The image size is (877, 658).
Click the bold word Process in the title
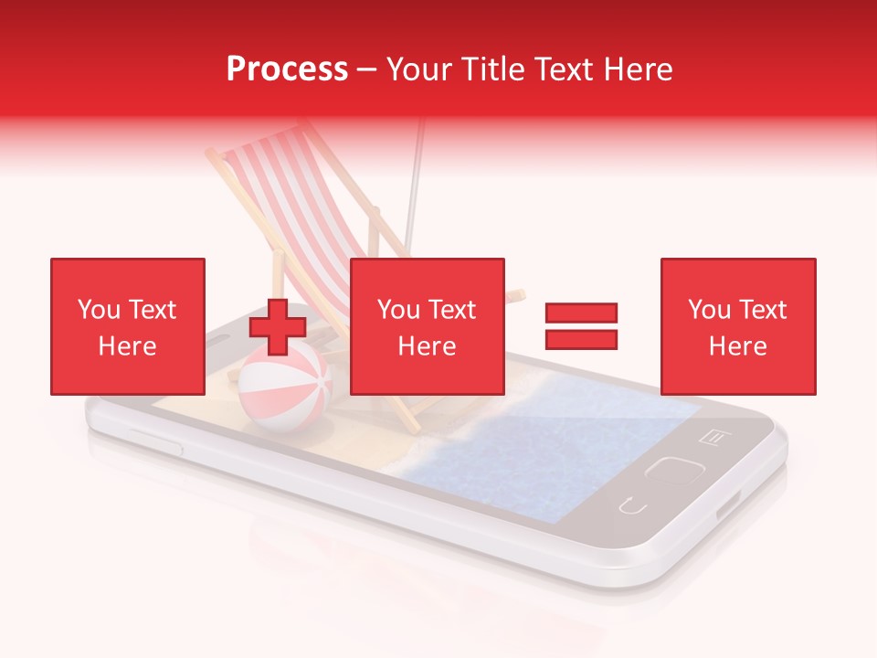[287, 69]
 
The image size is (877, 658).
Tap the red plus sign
[278, 326]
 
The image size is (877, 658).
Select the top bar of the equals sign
[581, 313]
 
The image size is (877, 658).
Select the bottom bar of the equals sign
[581, 339]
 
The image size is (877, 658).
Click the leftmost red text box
[127, 326]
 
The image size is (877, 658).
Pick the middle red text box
[427, 326]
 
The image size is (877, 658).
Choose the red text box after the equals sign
[737, 326]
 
